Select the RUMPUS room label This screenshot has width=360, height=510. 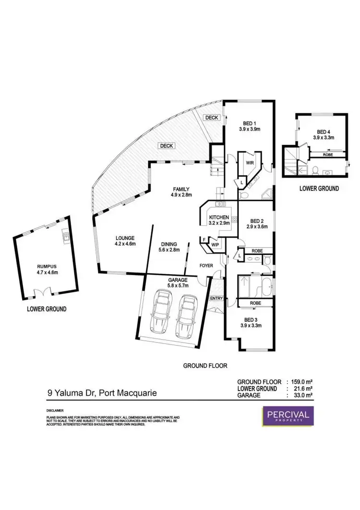(48, 268)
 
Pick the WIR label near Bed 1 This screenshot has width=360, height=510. (250, 163)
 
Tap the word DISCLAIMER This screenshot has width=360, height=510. (56, 412)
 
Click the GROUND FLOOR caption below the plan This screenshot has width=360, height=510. (205, 365)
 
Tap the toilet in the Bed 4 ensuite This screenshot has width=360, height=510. (315, 170)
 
